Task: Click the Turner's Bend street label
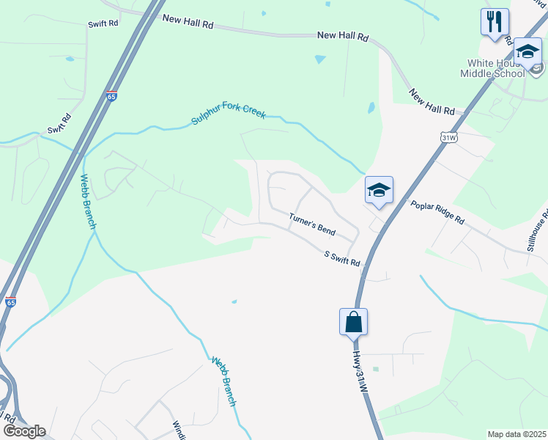[311, 224]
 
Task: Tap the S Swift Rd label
[343, 257]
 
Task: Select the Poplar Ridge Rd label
[437, 213]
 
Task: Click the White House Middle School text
[492, 68]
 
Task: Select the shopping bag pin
[353, 321]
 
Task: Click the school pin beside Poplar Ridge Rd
[379, 191]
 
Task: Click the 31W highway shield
[449, 136]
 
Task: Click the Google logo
[24, 431]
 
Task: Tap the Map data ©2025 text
[517, 434]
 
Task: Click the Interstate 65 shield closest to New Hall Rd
[111, 95]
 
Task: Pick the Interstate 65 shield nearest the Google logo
[10, 301]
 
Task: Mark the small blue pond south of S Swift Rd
[234, 301]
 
